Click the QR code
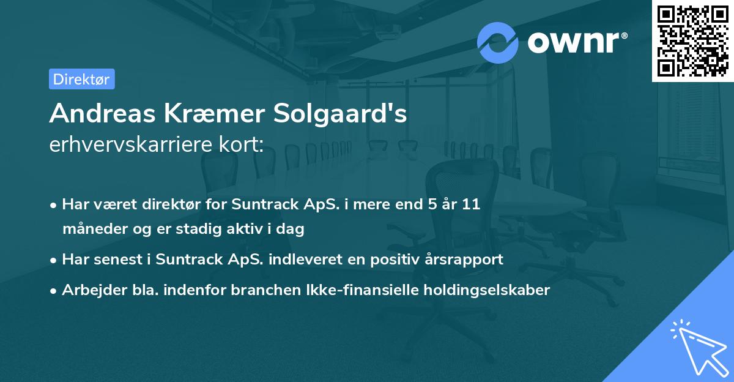[x=693, y=41]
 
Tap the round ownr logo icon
[x=498, y=42]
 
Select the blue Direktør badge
[x=81, y=79]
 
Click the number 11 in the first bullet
[x=470, y=204]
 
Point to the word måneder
[x=90, y=230]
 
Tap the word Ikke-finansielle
[x=366, y=290]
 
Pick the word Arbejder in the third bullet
[x=89, y=290]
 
